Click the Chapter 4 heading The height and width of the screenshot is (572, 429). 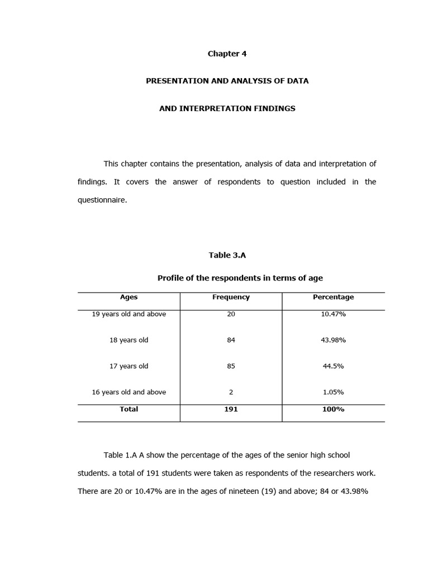pos(227,54)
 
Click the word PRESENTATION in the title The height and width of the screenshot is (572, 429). pos(177,81)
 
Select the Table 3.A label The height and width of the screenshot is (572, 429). pos(227,255)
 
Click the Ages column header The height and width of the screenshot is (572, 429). pos(128,297)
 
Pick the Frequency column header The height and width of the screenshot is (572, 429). pos(231,297)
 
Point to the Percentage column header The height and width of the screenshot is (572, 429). pos(333,297)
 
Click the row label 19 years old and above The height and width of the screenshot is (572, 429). pos(128,314)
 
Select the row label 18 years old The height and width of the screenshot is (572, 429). pos(128,340)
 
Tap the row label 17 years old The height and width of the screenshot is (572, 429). pos(128,366)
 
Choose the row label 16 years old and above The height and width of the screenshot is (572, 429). pos(128,392)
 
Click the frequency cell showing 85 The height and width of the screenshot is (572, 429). pos(231,366)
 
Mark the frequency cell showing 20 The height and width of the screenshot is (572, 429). pos(231,314)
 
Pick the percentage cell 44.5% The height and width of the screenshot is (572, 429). pos(333,366)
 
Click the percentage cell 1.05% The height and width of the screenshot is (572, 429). pos(333,392)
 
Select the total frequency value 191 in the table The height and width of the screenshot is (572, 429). pos(231,409)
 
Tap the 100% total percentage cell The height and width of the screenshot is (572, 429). pos(333,409)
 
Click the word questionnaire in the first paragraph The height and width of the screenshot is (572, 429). pos(102,199)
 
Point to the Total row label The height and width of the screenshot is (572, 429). pos(128,409)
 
